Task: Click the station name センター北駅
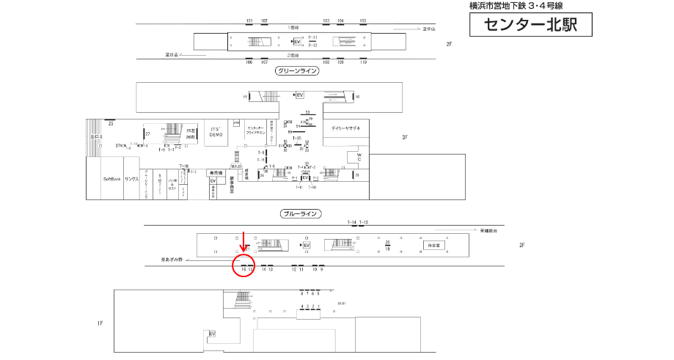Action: (530, 25)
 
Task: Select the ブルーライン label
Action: (301, 213)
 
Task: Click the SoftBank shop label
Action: (111, 179)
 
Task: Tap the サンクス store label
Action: (132, 179)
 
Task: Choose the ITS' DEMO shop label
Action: (216, 133)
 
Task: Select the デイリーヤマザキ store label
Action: (345, 128)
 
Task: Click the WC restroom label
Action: (359, 157)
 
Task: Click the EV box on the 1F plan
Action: (213, 334)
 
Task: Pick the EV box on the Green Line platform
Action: (297, 40)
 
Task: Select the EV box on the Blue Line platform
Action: (307, 245)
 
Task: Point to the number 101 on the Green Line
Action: (249, 21)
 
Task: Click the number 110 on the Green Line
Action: (362, 62)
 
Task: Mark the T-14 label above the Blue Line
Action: (351, 222)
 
